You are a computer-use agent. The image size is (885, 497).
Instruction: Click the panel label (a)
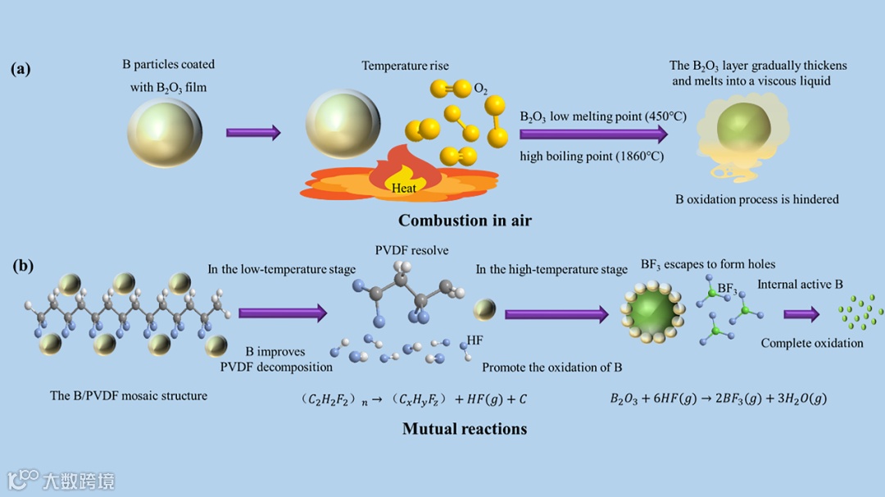(20, 69)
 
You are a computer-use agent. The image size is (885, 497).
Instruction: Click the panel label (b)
(23, 266)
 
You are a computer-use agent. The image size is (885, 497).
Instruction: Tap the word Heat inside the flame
(404, 188)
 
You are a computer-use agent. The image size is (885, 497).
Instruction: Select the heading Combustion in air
(465, 220)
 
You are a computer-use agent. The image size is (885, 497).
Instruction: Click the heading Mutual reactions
(464, 428)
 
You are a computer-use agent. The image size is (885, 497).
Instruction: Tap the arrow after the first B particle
(253, 132)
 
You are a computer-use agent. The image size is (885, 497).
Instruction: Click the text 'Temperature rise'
(405, 66)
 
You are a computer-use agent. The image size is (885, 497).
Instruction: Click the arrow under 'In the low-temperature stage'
(282, 312)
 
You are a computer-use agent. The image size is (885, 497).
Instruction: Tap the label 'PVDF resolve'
(411, 250)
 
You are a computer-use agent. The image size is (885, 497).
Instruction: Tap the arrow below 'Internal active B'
(801, 314)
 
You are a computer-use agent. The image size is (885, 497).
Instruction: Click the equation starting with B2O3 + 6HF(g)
(718, 399)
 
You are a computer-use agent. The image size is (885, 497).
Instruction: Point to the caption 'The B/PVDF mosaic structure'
(129, 395)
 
